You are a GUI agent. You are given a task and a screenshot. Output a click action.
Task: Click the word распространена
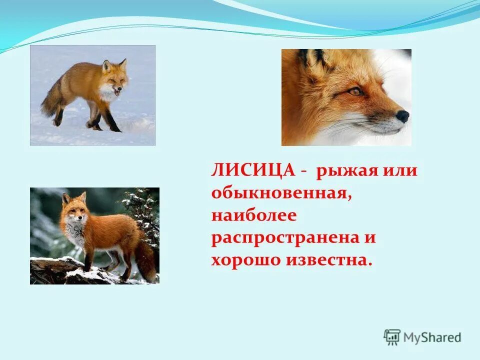point(287,237)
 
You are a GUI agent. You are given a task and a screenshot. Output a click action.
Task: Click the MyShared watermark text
point(432,337)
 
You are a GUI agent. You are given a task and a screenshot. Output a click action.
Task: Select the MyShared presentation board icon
point(392,337)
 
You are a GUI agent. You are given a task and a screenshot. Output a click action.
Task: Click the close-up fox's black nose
point(402,116)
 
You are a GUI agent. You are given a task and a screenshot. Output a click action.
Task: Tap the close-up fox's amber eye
point(355,91)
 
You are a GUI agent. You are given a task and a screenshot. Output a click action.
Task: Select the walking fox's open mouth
point(117,92)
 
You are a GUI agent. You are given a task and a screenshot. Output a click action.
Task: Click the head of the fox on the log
point(74,205)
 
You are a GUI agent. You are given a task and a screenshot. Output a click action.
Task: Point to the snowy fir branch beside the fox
point(142,210)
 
